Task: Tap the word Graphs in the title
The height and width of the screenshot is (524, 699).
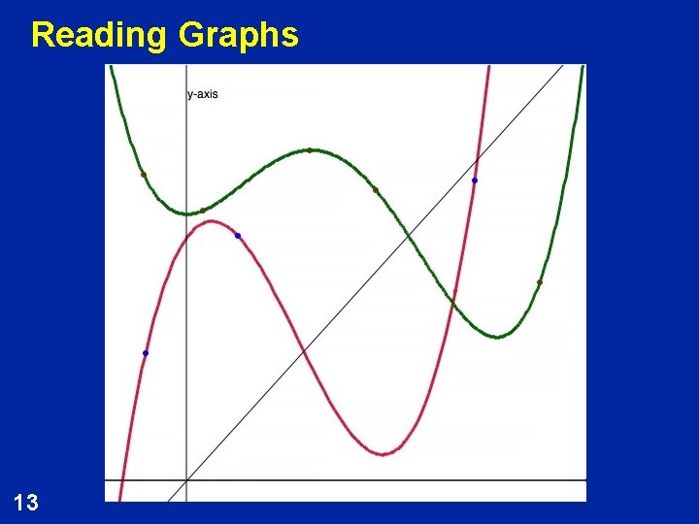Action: pyautogui.click(x=238, y=35)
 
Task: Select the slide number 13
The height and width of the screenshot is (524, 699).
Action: pyautogui.click(x=27, y=502)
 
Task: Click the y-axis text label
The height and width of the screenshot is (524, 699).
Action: pyautogui.click(x=203, y=94)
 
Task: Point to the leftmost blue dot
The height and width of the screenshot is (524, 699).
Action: pyautogui.click(x=146, y=353)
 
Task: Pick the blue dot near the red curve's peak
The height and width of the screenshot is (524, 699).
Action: pyautogui.click(x=238, y=236)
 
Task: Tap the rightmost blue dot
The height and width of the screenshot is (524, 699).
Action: pyautogui.click(x=475, y=180)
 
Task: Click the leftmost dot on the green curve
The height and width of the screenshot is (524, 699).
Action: pyautogui.click(x=144, y=175)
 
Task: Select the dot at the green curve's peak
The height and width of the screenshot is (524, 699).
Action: pyautogui.click(x=310, y=150)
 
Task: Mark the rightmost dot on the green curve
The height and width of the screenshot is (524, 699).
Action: pyautogui.click(x=540, y=282)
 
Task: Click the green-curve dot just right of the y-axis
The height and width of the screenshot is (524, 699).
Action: pyautogui.click(x=203, y=210)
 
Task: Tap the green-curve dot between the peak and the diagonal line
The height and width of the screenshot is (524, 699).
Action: pyautogui.click(x=376, y=190)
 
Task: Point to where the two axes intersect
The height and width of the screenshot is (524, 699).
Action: pyautogui.click(x=185, y=480)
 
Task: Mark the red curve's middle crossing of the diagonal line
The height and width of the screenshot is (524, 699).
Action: pyautogui.click(x=305, y=349)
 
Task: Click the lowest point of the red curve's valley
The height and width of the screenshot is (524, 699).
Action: pyautogui.click(x=384, y=453)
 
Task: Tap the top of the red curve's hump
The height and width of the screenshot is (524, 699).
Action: pyautogui.click(x=211, y=221)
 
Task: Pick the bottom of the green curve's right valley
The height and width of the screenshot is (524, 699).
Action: pyautogui.click(x=497, y=337)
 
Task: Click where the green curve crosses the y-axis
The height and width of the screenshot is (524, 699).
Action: pyautogui.click(x=185, y=213)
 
